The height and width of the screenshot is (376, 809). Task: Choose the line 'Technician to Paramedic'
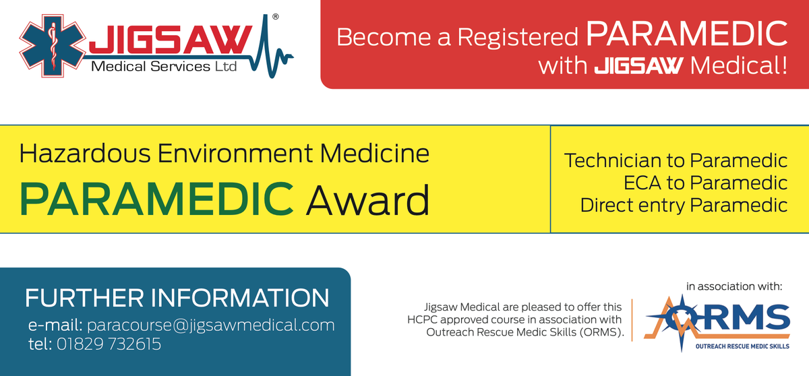(676, 161)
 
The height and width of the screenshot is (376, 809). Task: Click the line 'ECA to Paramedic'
(706, 183)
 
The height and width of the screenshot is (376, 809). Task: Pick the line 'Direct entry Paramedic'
(684, 204)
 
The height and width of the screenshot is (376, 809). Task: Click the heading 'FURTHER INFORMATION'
(177, 297)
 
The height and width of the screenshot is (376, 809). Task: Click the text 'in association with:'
(733, 286)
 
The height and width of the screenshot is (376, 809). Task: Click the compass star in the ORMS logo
(677, 314)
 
